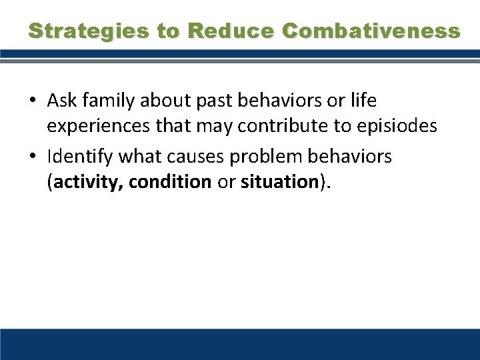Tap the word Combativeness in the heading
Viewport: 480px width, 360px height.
(371, 31)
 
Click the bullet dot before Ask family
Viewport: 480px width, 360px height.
(33, 101)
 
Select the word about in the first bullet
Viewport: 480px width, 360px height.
(157, 101)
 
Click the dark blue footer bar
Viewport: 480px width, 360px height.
(240, 344)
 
